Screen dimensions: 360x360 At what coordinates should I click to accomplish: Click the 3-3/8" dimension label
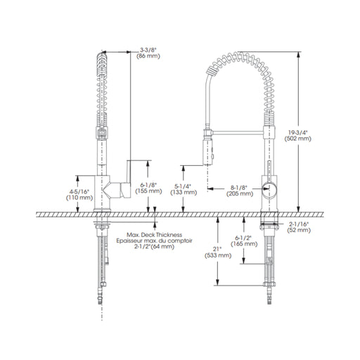pos(148,50)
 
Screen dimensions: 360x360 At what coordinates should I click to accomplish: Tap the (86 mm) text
pos(148,56)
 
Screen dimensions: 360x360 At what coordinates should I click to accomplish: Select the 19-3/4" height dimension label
pos(298,132)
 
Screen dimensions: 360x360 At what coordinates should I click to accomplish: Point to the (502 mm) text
pos(298,139)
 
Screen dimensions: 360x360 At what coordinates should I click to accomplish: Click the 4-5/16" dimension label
pos(79,192)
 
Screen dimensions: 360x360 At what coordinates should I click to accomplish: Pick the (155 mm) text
pos(148,191)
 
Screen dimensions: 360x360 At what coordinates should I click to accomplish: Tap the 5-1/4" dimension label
pos(183,186)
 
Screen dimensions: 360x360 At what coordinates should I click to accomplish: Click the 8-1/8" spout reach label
pos(239,188)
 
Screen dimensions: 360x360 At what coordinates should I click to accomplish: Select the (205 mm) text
pos(240,194)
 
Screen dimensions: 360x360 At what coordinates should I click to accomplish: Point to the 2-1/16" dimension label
pos(299,224)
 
